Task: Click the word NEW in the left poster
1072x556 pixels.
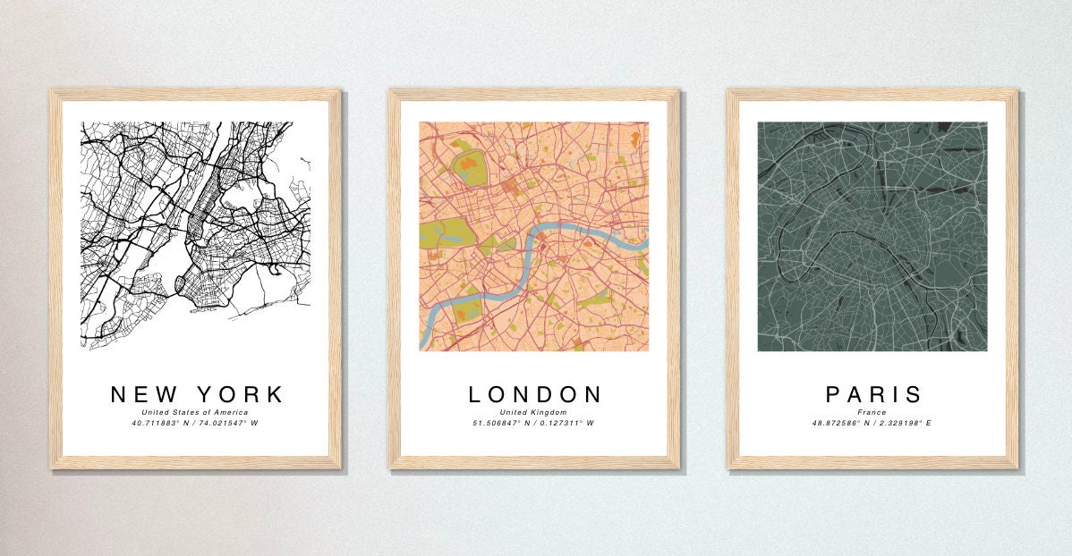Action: [142, 394]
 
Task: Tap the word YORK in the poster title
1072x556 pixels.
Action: [239, 394]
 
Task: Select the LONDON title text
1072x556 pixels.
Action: [535, 394]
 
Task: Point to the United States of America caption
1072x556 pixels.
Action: [194, 411]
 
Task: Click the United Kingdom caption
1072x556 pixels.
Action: [534, 412]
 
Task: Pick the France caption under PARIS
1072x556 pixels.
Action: [872, 412]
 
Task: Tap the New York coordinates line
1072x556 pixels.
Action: [194, 422]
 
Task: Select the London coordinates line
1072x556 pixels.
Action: [534, 422]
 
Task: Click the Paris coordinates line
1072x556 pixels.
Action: [872, 422]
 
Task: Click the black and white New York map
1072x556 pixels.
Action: [195, 236]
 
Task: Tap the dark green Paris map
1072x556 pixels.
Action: [872, 236]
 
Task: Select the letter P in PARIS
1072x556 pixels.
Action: [833, 394]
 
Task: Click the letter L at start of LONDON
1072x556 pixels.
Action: [476, 394]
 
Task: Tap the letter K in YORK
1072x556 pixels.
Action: [275, 394]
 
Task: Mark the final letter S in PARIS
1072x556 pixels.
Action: [914, 394]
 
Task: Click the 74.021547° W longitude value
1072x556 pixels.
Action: [227, 422]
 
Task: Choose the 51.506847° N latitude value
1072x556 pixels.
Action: [502, 422]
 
